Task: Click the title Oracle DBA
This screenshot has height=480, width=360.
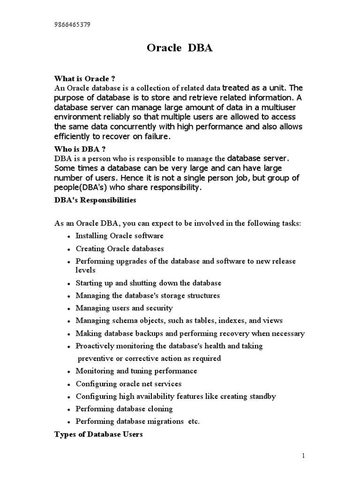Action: click(x=180, y=49)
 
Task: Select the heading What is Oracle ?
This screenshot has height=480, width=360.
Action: click(x=85, y=78)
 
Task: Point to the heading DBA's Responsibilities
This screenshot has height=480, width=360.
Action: click(x=95, y=200)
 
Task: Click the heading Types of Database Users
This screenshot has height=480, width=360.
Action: click(x=98, y=435)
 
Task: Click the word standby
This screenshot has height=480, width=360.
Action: click(x=262, y=396)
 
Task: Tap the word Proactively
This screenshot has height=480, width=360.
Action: click(x=94, y=346)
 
